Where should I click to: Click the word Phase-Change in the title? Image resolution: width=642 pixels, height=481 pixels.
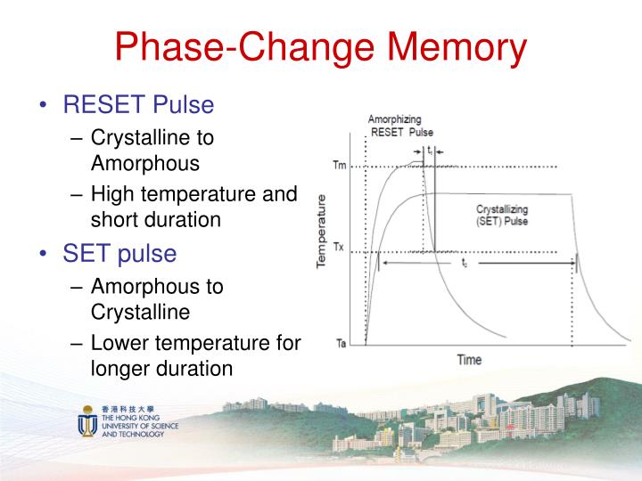pos(221,49)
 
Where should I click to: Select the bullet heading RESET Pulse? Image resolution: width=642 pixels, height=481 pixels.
pos(138,105)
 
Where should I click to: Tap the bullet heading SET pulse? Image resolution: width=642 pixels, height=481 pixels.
pos(119,253)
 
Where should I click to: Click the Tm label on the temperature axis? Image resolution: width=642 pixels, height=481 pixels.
pos(339,166)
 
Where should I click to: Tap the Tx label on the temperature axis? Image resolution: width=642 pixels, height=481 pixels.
pos(339,248)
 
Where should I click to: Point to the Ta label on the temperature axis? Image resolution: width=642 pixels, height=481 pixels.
pos(340,342)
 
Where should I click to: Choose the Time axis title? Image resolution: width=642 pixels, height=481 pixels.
pos(469,360)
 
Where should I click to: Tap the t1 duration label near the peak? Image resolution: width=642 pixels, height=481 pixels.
pos(430,151)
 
